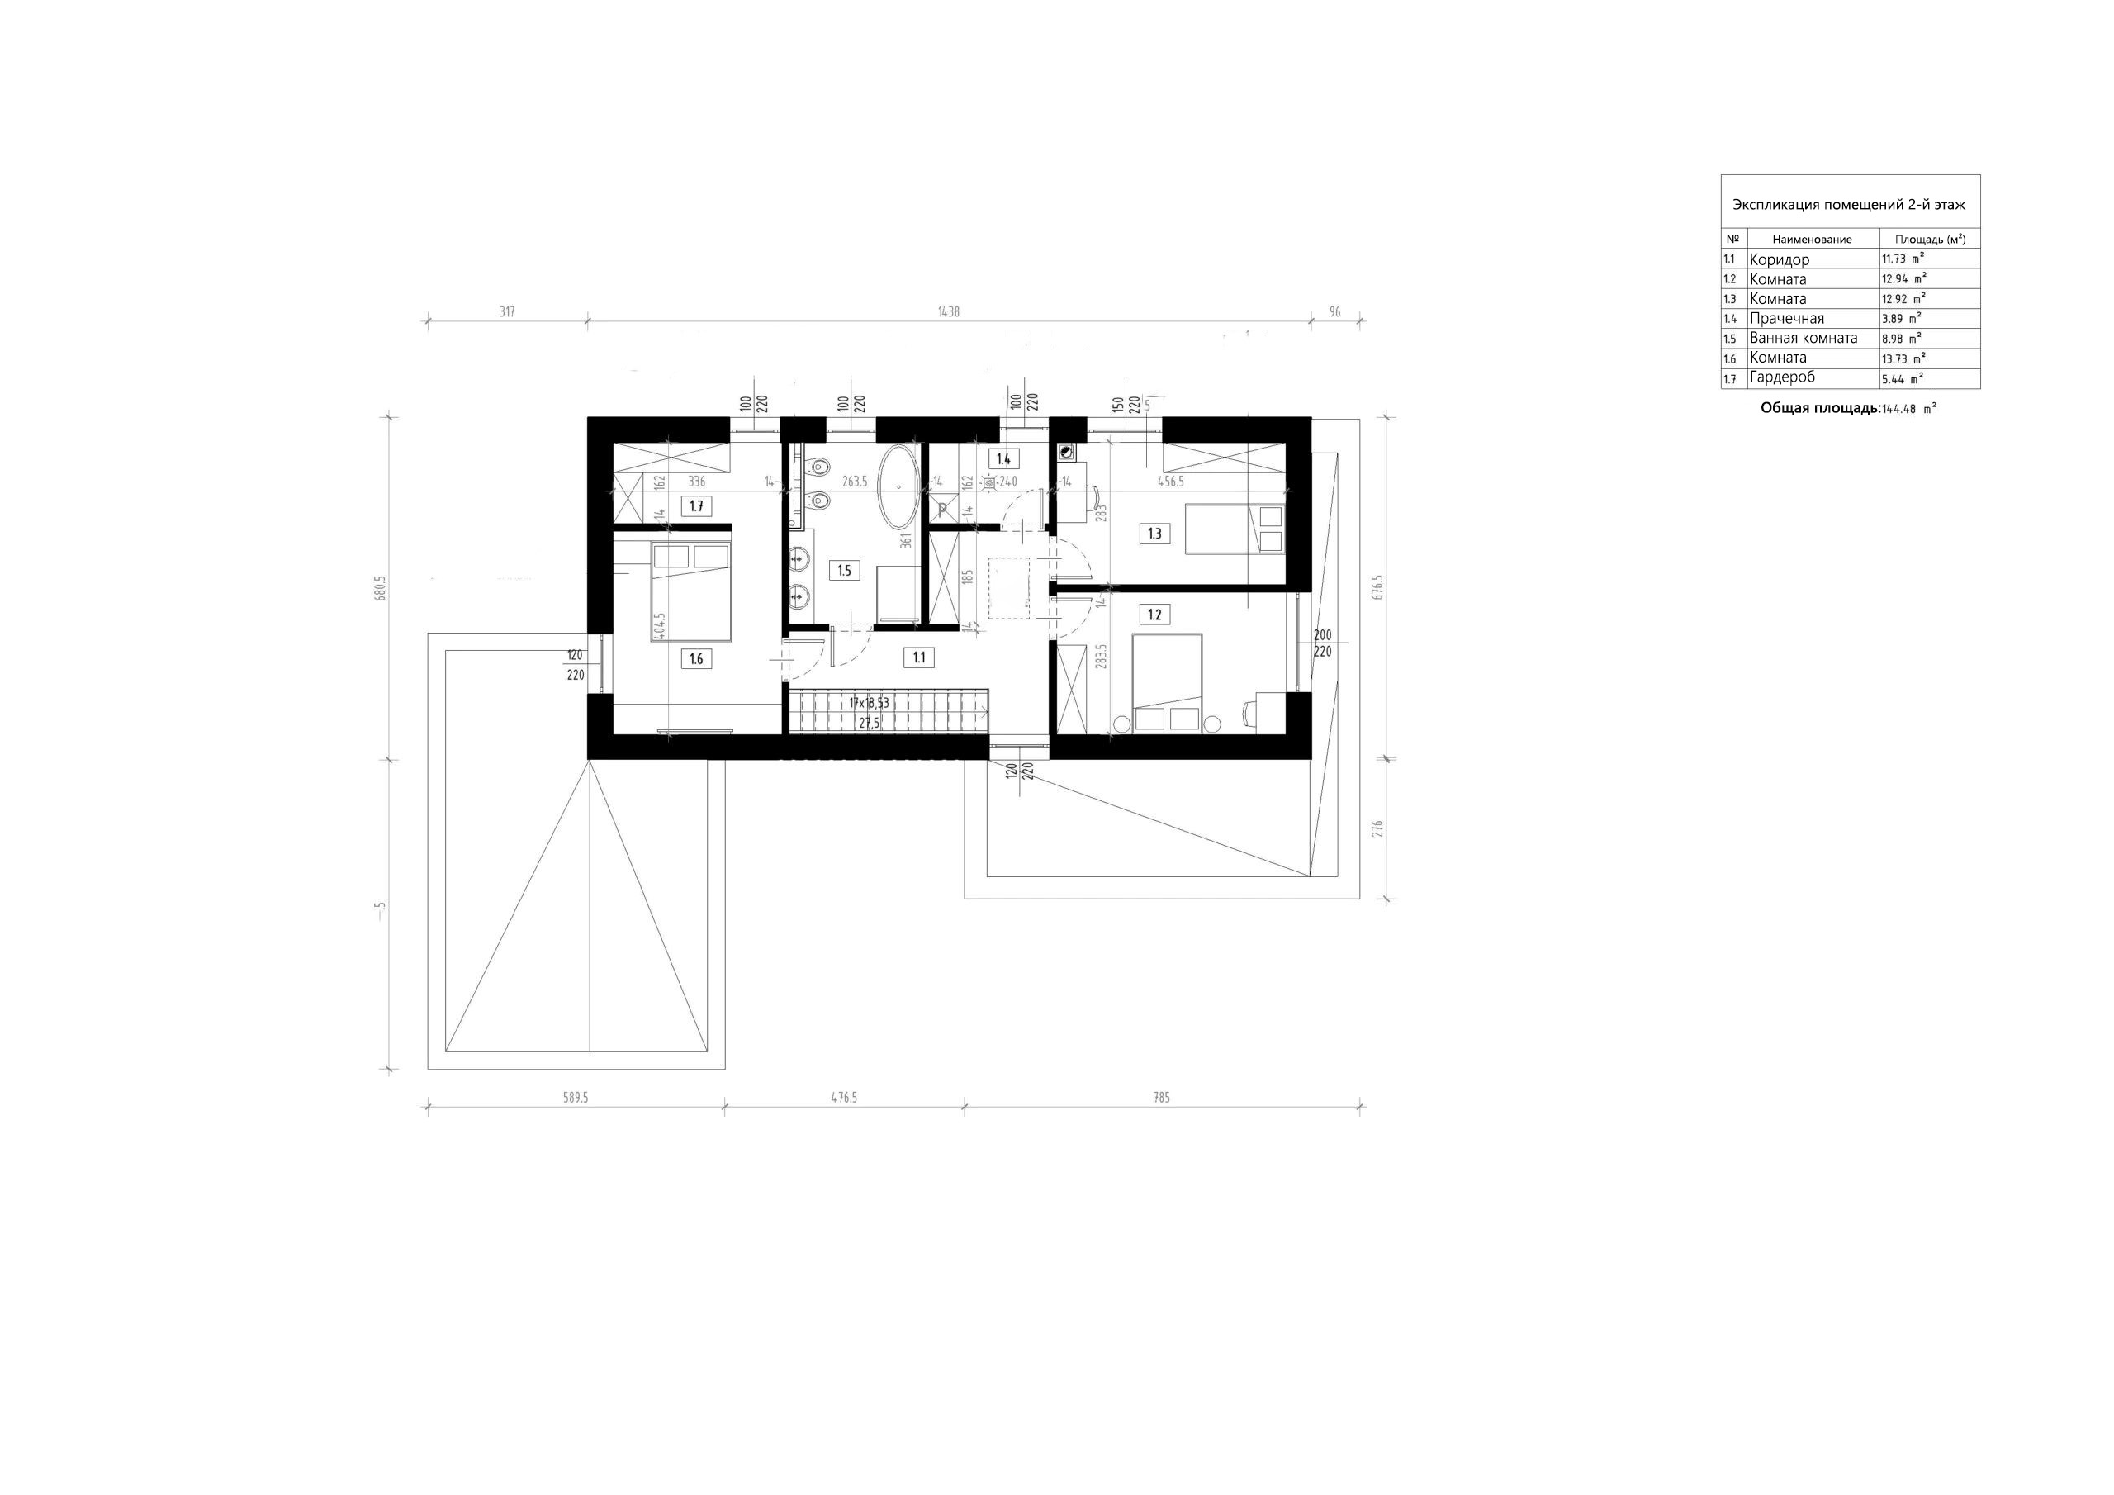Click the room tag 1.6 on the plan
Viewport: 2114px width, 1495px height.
696,658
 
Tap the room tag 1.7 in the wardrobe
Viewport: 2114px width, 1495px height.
696,505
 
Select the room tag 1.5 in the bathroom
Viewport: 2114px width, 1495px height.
844,570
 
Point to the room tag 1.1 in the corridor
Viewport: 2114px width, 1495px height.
919,657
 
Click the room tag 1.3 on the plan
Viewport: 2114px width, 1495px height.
1154,534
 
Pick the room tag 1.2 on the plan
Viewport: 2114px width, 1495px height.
1154,615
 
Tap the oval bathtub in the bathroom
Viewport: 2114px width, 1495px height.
898,487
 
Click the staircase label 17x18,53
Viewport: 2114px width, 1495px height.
870,703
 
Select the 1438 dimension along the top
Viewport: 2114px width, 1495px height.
948,312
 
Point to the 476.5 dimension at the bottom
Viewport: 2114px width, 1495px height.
843,1098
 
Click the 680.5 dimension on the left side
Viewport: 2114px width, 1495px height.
379,588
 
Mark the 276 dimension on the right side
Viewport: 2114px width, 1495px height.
1377,828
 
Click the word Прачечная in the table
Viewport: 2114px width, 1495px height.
1786,319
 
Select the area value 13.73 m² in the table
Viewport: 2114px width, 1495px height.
1904,358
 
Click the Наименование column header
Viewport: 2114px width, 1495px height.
1811,240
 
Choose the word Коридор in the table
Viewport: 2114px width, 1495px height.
1779,259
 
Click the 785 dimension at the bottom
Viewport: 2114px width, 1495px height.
1162,1098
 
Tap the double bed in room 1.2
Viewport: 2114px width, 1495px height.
1167,682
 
